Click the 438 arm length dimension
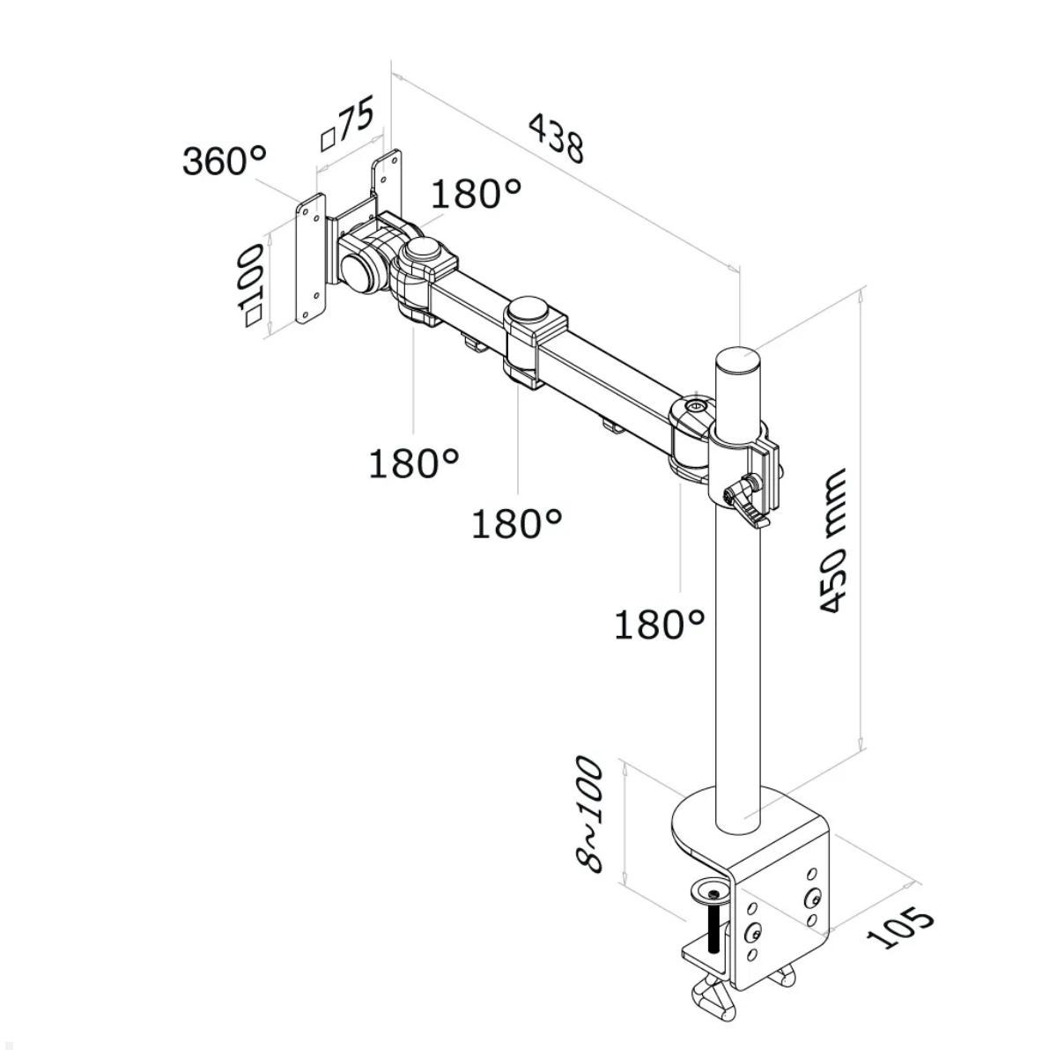(x=556, y=138)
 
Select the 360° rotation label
(x=224, y=161)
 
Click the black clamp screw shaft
(x=713, y=929)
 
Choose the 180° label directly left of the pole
(x=659, y=625)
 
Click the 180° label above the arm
(x=476, y=194)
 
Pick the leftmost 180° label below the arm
(x=413, y=462)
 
